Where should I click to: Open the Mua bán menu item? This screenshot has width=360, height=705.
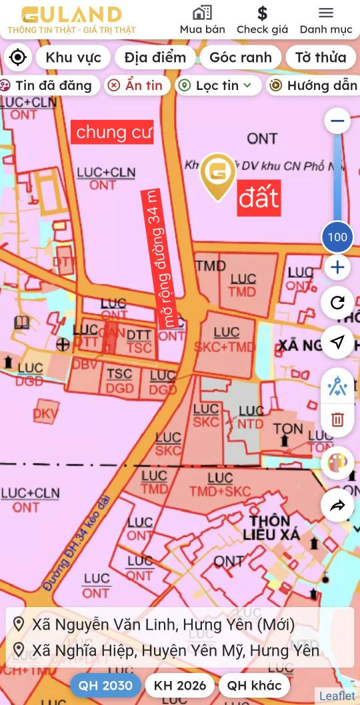click(202, 20)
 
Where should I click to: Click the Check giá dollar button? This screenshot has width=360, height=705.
click(262, 20)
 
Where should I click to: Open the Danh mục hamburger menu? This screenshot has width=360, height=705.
click(325, 20)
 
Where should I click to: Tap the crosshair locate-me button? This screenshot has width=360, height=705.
click(18, 57)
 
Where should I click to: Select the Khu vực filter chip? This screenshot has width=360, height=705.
click(73, 57)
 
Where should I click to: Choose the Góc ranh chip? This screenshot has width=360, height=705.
click(240, 57)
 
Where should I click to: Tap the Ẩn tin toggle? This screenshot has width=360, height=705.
click(136, 85)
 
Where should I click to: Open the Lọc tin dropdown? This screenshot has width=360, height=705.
click(218, 85)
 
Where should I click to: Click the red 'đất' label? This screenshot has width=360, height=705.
click(259, 198)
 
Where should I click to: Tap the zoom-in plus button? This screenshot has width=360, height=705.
click(337, 267)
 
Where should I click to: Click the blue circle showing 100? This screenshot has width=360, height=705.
click(337, 237)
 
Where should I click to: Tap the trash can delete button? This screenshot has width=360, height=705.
click(337, 419)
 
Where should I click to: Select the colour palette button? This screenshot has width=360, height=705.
click(337, 463)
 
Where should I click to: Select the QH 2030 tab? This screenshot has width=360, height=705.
click(105, 685)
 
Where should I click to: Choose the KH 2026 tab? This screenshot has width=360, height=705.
click(180, 685)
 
